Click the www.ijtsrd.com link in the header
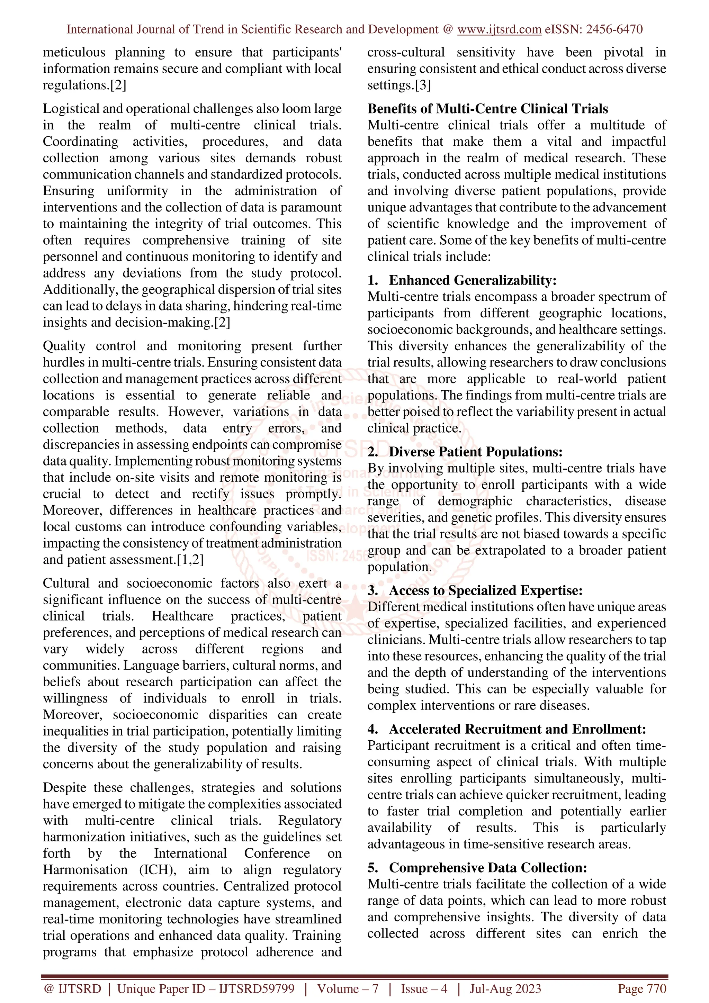[x=499, y=29]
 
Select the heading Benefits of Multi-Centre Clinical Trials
[x=487, y=109]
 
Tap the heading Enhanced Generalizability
[x=473, y=280]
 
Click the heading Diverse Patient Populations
[x=476, y=452]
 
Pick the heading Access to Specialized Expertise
[x=486, y=590]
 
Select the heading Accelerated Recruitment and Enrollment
[x=517, y=729]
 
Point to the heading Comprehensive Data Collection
[x=488, y=868]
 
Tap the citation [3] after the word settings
[x=422, y=85]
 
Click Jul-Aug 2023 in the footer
[x=505, y=988]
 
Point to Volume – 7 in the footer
[x=348, y=988]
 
